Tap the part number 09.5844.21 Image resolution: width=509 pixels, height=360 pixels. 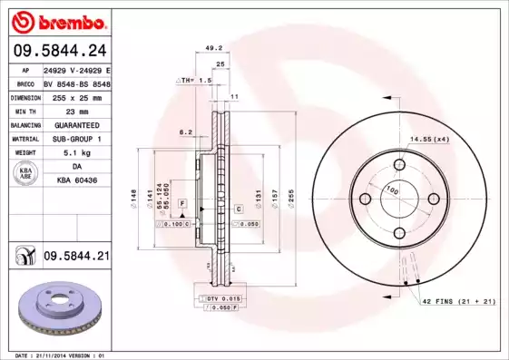77,258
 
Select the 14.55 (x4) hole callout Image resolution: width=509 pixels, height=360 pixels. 429,139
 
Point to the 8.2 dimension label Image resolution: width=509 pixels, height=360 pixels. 186,132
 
